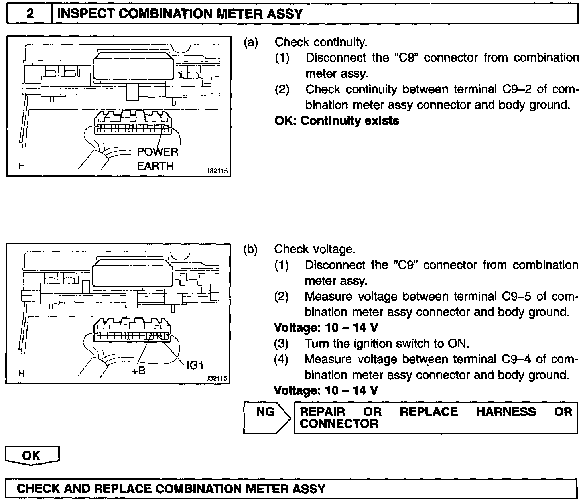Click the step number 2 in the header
point(30,14)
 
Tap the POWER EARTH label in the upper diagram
point(157,159)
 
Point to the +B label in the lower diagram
point(138,371)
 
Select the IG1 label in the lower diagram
point(195,365)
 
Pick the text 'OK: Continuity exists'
point(337,121)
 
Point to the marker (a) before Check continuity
point(251,42)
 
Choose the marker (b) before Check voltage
point(250,250)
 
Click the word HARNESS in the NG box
point(506,411)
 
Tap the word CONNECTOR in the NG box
point(339,424)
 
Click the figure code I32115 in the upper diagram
point(217,171)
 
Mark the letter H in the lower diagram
point(21,374)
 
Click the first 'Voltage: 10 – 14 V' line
point(326,328)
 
